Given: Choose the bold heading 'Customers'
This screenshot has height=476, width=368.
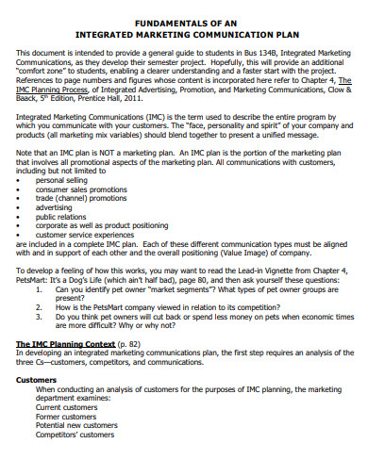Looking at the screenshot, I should (x=37, y=405).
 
